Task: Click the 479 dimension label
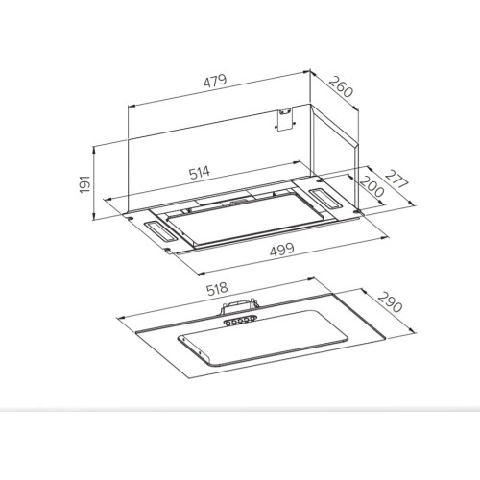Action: [x=215, y=81]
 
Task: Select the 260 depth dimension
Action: [x=341, y=86]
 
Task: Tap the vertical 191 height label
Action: [x=84, y=183]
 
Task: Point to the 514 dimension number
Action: [x=200, y=173]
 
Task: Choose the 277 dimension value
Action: [x=396, y=180]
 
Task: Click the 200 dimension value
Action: [x=372, y=187]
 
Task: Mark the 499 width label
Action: [x=281, y=250]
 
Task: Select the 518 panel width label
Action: [x=217, y=289]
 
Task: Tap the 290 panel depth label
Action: [x=390, y=302]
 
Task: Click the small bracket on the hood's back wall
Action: [x=284, y=119]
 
